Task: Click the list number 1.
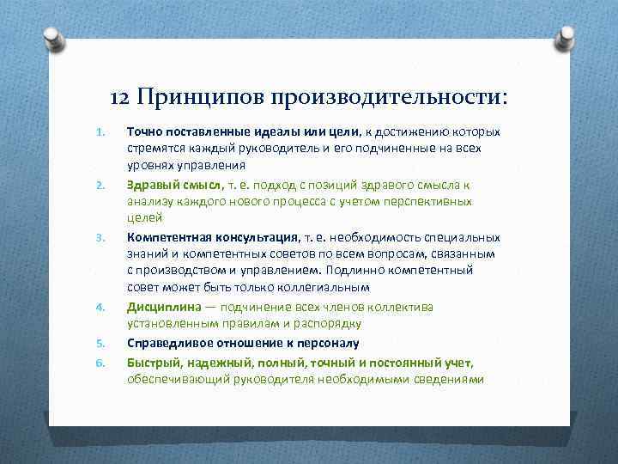[x=100, y=132]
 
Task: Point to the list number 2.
[x=100, y=185]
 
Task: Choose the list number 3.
[x=100, y=237]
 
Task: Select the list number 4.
[x=100, y=307]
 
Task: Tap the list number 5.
[x=100, y=342]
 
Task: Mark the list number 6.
[x=100, y=362]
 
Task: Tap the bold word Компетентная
[x=170, y=237]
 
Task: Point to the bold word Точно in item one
[x=144, y=132]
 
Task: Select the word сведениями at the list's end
[x=446, y=379]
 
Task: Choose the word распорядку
[x=330, y=324]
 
